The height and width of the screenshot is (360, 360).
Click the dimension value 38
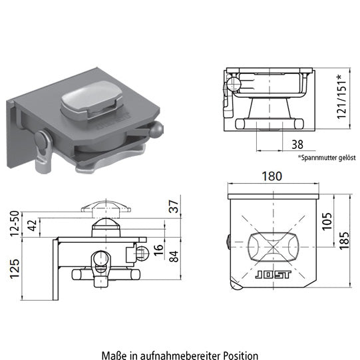click(x=297, y=144)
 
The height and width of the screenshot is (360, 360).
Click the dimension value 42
click(x=33, y=225)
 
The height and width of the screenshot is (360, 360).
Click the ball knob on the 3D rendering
click(x=159, y=131)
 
